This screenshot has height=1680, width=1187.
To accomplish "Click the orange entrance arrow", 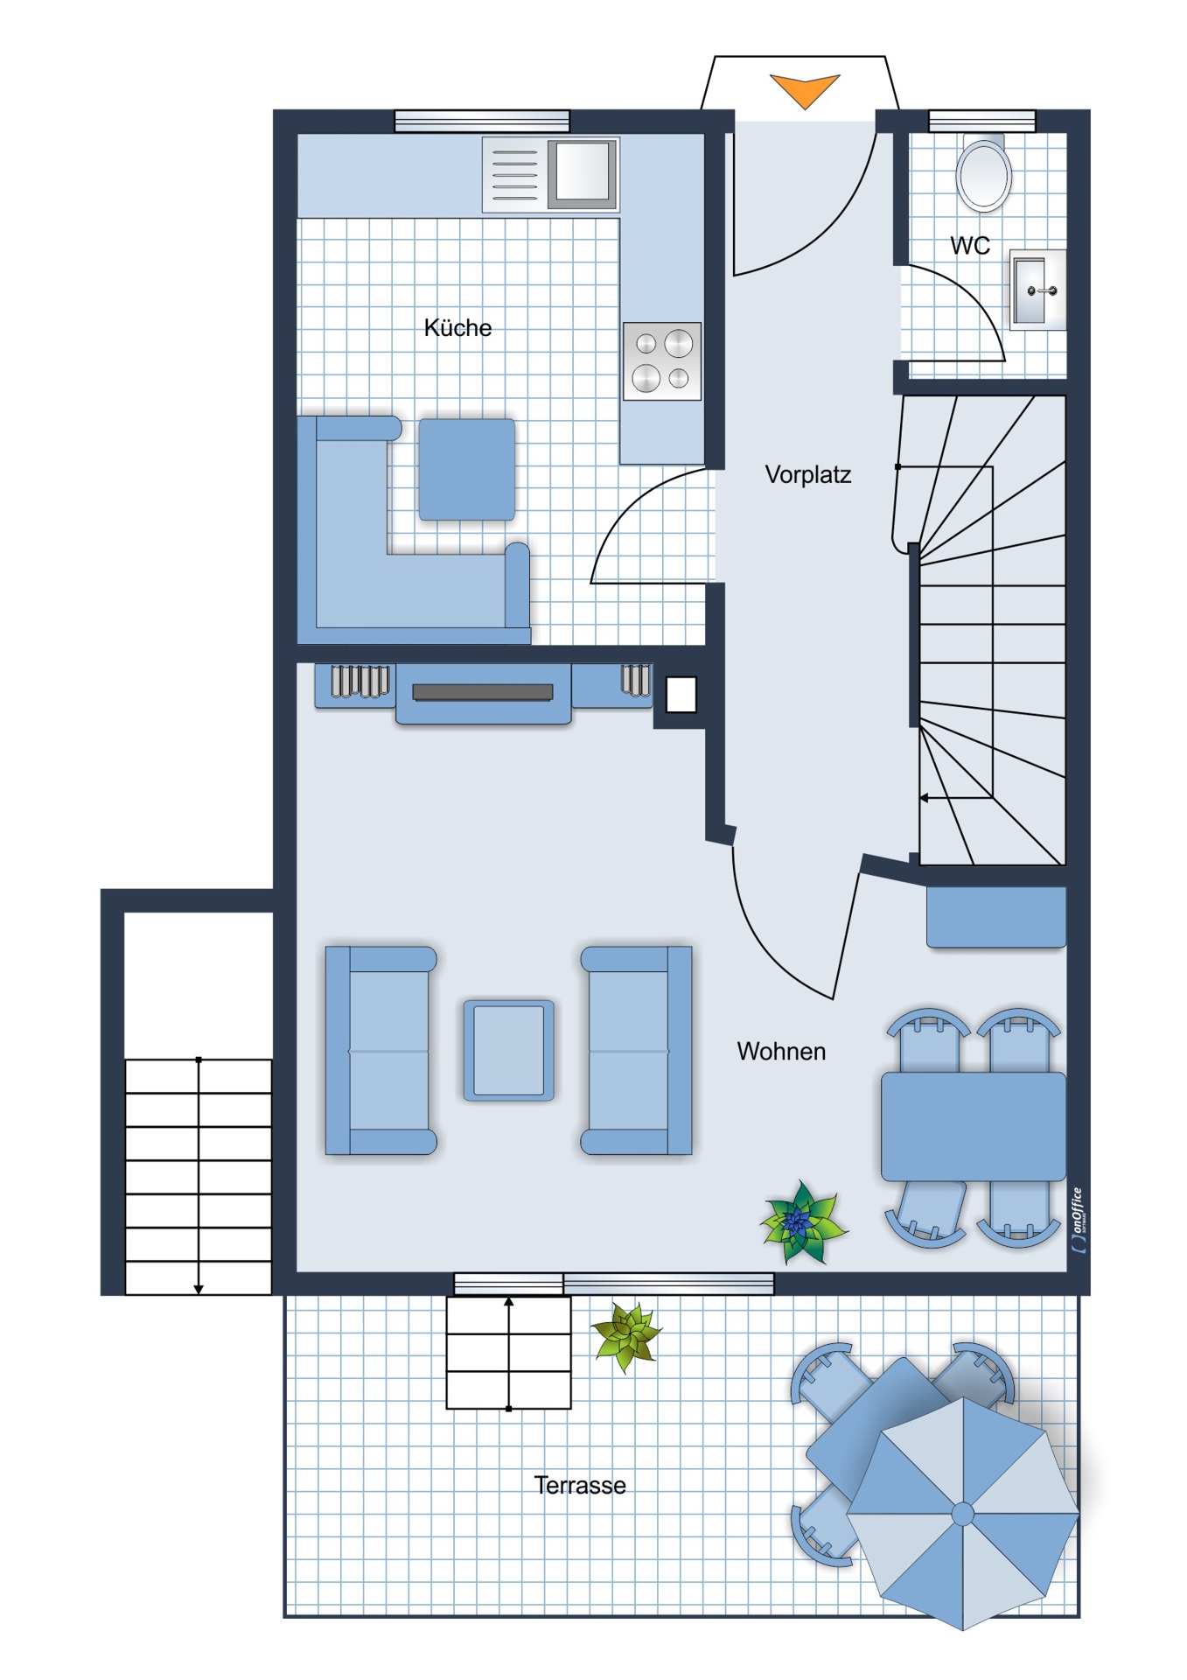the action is pyautogui.click(x=805, y=88).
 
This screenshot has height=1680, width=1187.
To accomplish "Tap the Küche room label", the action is pyautogui.click(x=457, y=328).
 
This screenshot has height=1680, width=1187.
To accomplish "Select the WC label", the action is pyautogui.click(x=970, y=246).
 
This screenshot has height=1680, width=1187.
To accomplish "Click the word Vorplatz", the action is pyautogui.click(x=807, y=475).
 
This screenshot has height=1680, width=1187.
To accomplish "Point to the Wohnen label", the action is pyautogui.click(x=781, y=1051).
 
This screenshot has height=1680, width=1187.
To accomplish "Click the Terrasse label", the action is pyautogui.click(x=580, y=1485).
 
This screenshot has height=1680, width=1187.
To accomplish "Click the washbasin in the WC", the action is pyautogui.click(x=1038, y=290).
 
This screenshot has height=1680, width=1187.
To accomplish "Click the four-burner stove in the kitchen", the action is pyautogui.click(x=662, y=361).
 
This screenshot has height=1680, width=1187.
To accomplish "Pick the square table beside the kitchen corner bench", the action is pyautogui.click(x=467, y=470).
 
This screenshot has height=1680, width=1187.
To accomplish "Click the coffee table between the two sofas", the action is pyautogui.click(x=508, y=1050).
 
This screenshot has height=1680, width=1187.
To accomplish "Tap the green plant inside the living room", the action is pyautogui.click(x=802, y=1223).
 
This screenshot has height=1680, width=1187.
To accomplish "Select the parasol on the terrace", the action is pyautogui.click(x=963, y=1514).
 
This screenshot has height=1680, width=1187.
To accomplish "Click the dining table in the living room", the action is pyautogui.click(x=974, y=1127).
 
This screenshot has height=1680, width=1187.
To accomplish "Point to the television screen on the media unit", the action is pyautogui.click(x=483, y=692).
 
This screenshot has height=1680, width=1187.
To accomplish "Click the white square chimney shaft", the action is pyautogui.click(x=681, y=696).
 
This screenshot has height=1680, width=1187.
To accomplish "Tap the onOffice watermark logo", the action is pyautogui.click(x=1079, y=1220).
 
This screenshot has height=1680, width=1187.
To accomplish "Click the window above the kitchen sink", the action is pyautogui.click(x=482, y=121).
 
